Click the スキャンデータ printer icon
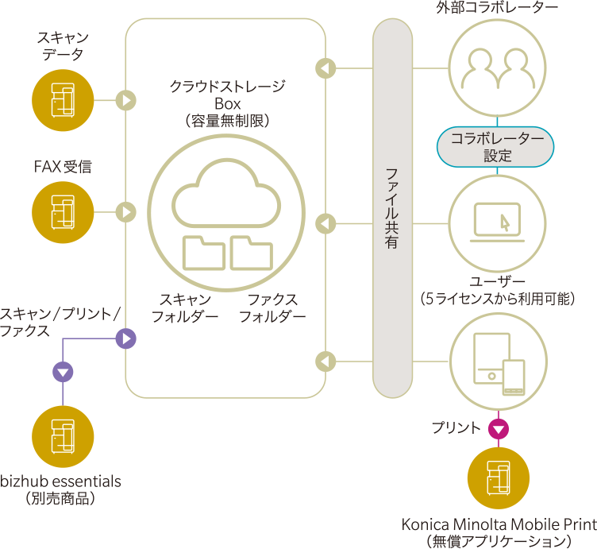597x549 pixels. click(63, 100)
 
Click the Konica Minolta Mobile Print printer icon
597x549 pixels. click(499, 479)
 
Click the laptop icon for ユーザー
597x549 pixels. click(497, 223)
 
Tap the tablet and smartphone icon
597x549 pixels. click(497, 361)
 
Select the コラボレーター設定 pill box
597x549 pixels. click(497, 146)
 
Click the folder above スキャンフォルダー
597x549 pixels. click(203, 253)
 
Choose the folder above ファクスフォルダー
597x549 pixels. click(252, 253)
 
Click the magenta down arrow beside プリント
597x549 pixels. click(498, 429)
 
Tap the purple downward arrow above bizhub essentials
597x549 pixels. click(63, 371)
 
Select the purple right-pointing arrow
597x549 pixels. click(126, 339)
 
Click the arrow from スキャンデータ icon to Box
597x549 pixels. click(126, 100)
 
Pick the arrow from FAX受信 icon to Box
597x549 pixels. click(126, 212)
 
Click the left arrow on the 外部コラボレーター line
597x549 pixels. click(325, 68)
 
